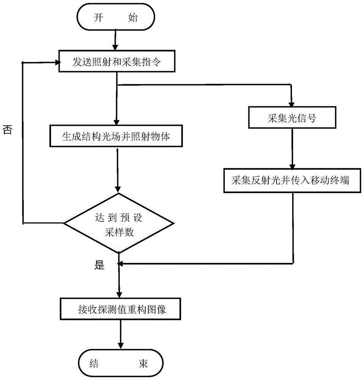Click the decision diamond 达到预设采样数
119,223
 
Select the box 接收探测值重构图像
119,309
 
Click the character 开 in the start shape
99,18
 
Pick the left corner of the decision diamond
64,223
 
